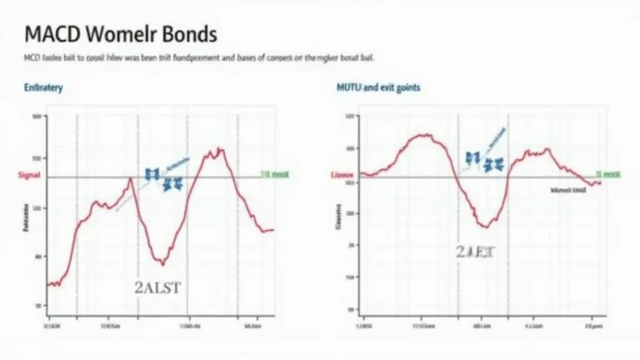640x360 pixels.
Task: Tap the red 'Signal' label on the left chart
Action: tap(29, 176)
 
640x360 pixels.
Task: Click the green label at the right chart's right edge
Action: tap(607, 176)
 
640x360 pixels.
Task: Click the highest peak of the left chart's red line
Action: tap(220, 150)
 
